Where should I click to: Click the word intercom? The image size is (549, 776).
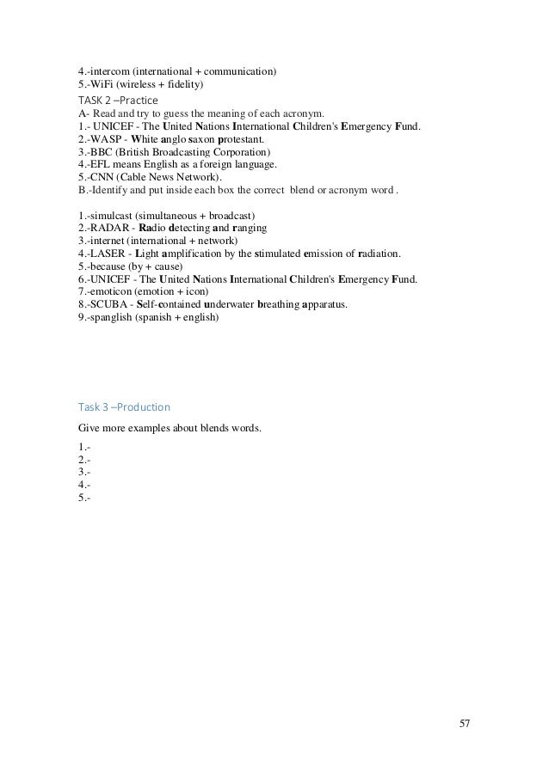point(109,71)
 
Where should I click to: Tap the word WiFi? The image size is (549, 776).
point(102,84)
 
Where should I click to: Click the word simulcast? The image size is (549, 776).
point(112,214)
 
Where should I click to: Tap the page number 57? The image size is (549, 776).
point(465,723)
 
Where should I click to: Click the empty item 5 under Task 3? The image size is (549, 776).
point(84,497)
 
